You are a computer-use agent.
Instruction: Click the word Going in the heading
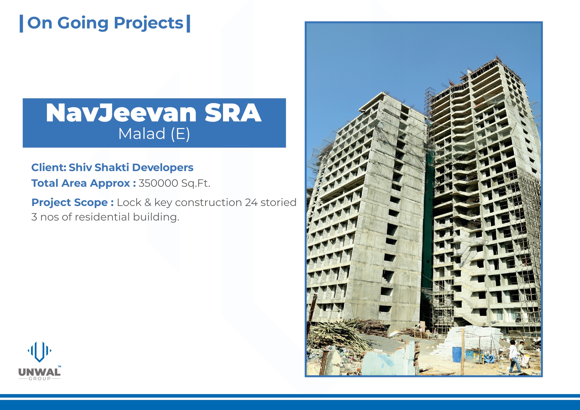tap(83, 23)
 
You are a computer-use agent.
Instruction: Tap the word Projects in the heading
tap(149, 23)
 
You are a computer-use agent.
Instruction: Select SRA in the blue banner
tap(233, 113)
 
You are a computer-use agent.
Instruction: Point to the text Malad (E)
tap(154, 134)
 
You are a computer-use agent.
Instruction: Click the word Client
tap(49, 167)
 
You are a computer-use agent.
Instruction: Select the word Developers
tap(163, 168)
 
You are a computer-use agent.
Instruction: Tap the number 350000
tap(158, 183)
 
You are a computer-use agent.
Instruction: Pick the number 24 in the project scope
tap(251, 202)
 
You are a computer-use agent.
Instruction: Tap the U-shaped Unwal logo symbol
tap(39, 352)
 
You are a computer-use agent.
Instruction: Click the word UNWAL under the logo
tap(39, 372)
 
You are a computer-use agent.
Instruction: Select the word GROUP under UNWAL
tap(40, 379)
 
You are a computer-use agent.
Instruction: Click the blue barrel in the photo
tap(457, 354)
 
